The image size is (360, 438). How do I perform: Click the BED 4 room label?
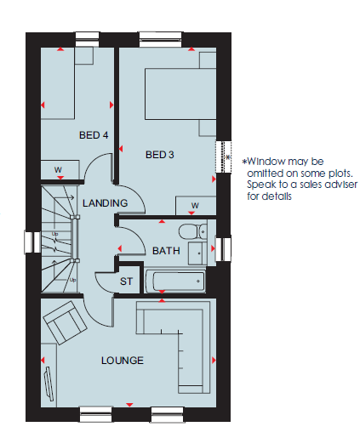tap(94, 135)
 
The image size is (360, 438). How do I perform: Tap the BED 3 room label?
tap(159, 155)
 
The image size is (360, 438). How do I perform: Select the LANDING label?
tap(105, 203)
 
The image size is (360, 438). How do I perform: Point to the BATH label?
tap(166, 251)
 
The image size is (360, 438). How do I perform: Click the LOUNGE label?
tap(123, 361)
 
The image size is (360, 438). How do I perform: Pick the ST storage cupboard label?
tap(126, 282)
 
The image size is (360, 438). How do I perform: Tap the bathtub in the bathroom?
tap(175, 282)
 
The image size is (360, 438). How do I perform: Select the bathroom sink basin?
tap(197, 253)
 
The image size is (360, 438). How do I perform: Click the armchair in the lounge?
tap(65, 322)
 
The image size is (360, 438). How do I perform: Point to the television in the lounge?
tap(49, 384)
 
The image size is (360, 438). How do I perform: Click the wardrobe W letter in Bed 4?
tap(58, 169)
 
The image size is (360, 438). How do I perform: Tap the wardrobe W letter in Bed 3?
tap(195, 205)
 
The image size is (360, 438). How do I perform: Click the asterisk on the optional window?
tap(228, 156)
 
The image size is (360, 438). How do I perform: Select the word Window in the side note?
tap(266, 162)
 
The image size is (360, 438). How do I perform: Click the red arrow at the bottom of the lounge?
tap(129, 405)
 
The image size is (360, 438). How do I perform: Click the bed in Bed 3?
tap(180, 94)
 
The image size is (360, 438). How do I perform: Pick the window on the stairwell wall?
tap(32, 242)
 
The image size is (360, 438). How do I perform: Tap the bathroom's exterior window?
tap(223, 249)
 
